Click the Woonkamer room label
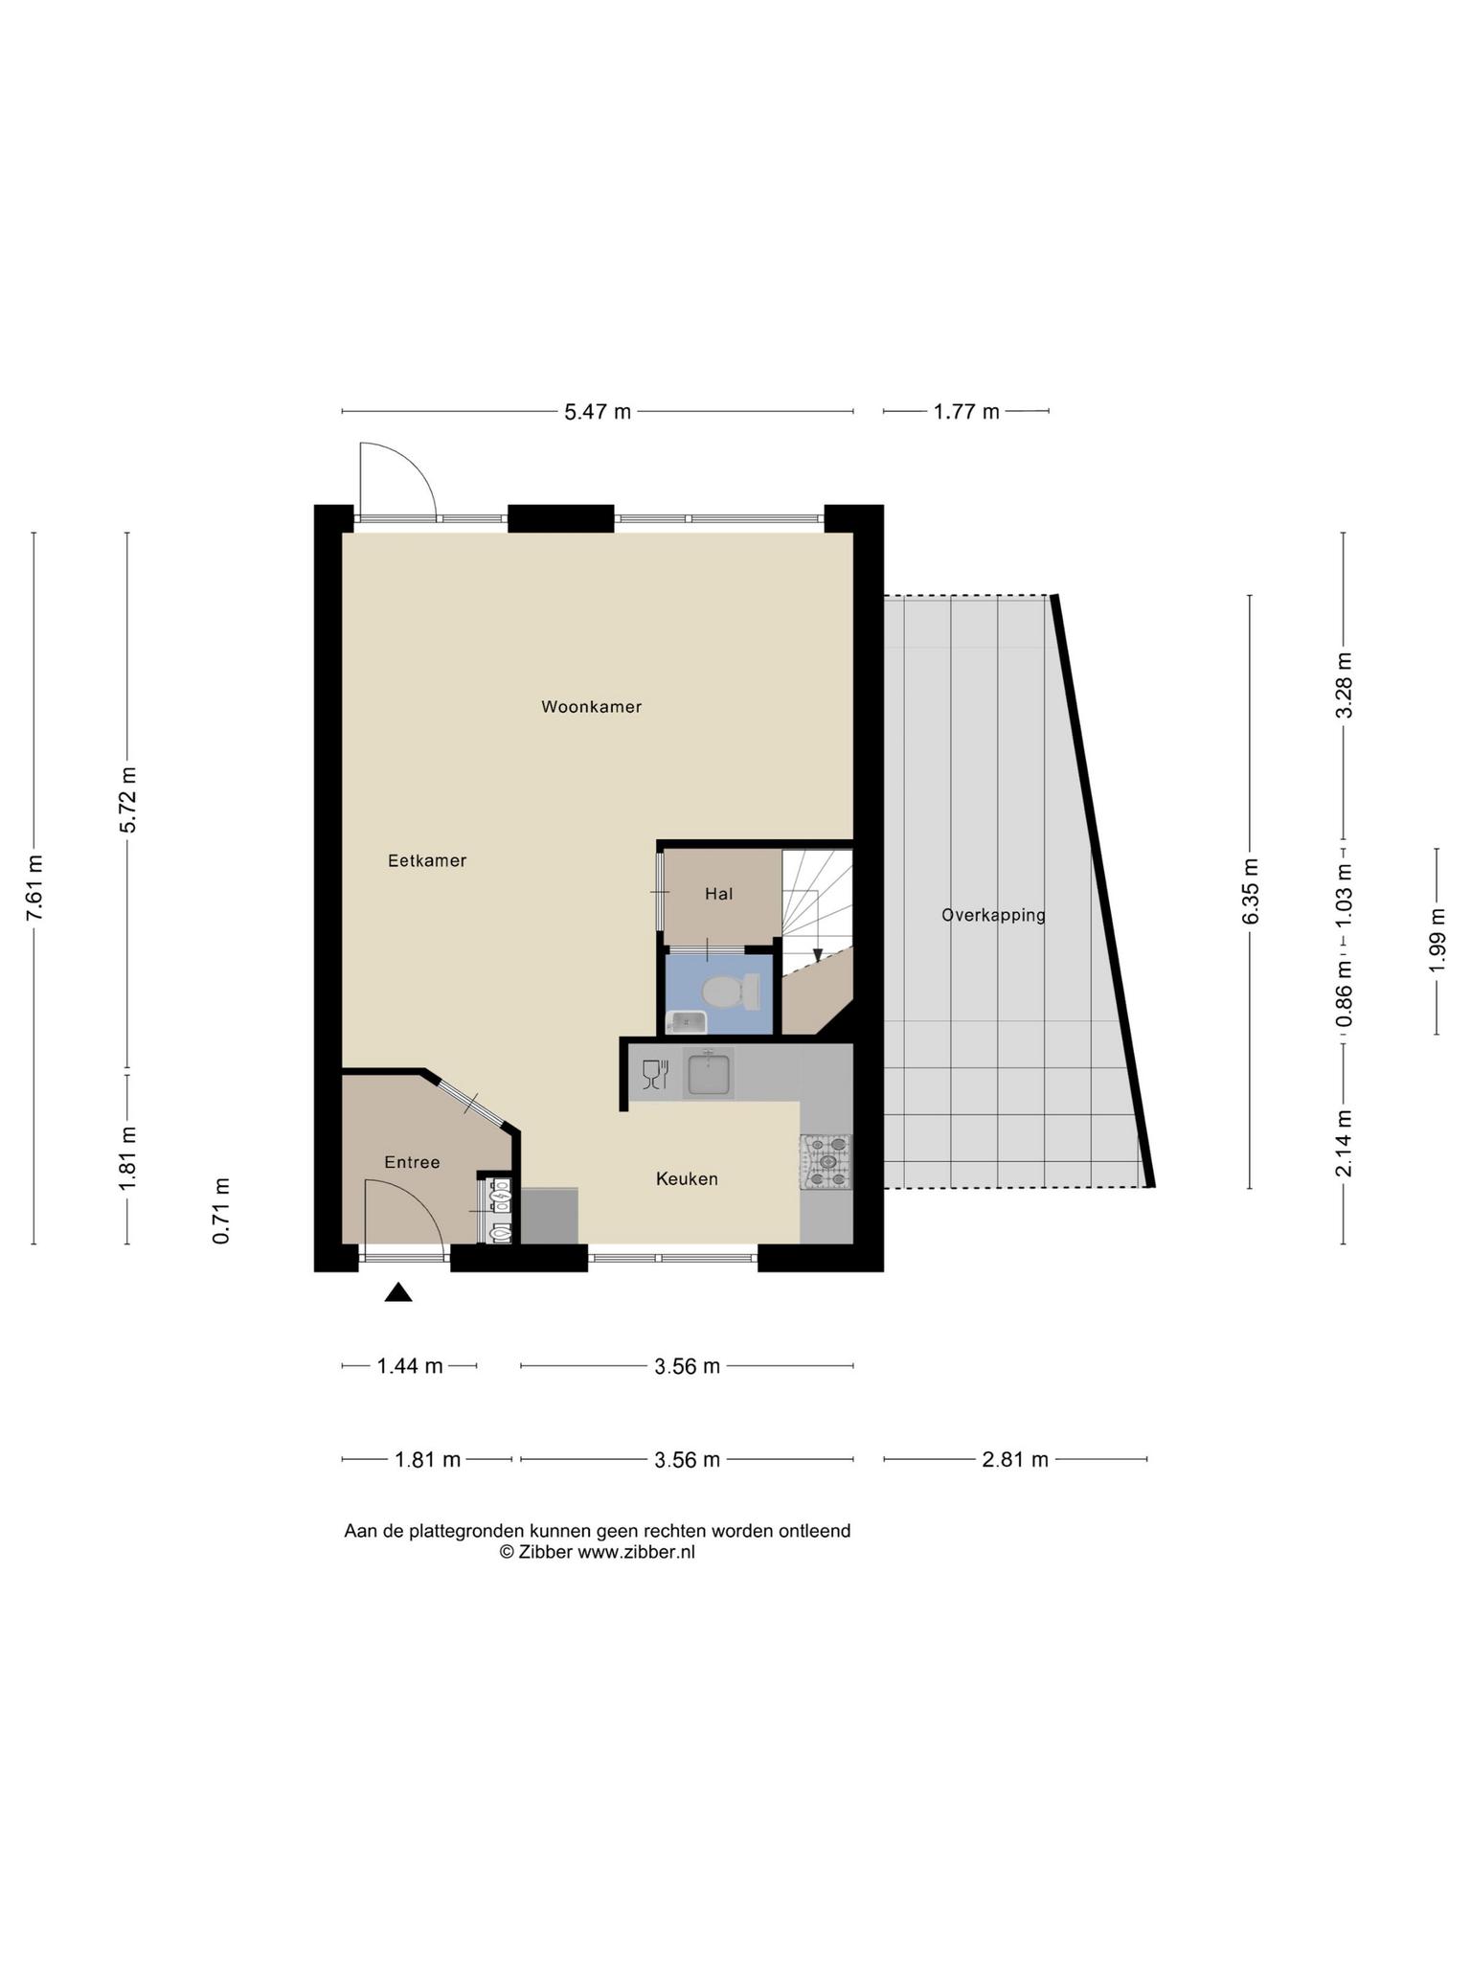[591, 707]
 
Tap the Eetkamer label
[427, 860]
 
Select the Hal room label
[719, 894]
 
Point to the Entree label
[412, 1162]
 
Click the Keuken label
[687, 1178]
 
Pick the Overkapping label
[993, 915]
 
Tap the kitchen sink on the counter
[709, 1072]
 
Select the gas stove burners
[826, 1161]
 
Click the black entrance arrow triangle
[398, 1293]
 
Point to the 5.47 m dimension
[598, 412]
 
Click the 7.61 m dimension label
[34, 887]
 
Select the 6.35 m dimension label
[1251, 891]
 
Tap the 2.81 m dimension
[1015, 1459]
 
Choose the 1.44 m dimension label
[410, 1366]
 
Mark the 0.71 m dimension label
[221, 1211]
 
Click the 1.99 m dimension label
[1437, 940]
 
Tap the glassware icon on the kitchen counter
[655, 1075]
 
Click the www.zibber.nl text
[636, 1552]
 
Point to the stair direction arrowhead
[817, 954]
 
